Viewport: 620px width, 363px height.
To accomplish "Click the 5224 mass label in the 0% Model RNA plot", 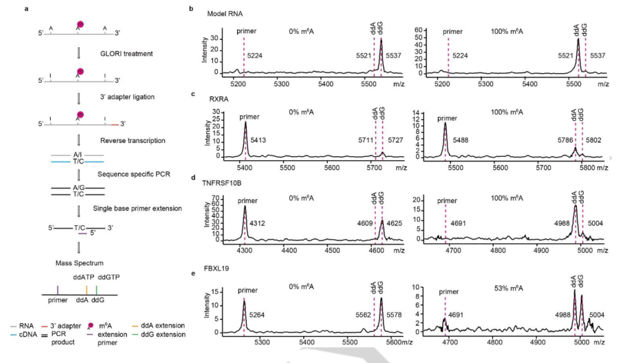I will click(x=255, y=55).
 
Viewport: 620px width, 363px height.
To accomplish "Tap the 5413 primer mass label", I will click(x=256, y=140).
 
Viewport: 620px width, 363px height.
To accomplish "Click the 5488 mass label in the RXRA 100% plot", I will click(x=463, y=140).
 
